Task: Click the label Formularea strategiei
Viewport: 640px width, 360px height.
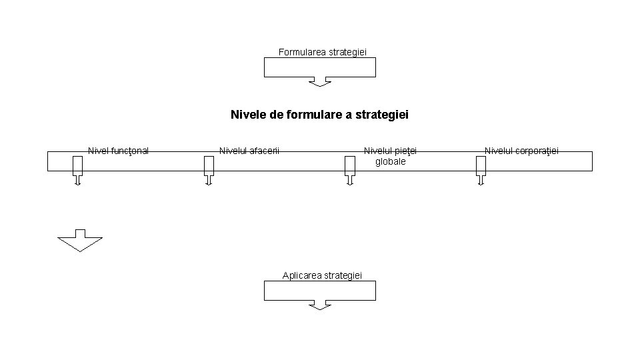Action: point(323,51)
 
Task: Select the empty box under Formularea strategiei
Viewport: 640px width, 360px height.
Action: point(320,67)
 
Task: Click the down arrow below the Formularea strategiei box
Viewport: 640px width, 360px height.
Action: point(320,82)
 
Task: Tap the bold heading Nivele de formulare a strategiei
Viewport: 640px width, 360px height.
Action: point(319,115)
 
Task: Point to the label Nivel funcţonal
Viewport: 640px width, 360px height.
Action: point(118,151)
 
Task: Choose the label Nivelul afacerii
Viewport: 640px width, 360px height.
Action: point(249,151)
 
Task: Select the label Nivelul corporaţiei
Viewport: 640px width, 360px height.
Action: point(521,151)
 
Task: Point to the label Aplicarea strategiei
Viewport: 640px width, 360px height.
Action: point(322,275)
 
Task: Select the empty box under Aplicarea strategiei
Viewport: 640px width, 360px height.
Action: point(320,291)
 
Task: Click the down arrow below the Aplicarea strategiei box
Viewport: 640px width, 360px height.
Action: point(320,305)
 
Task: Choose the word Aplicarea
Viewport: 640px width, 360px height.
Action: point(301,275)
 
